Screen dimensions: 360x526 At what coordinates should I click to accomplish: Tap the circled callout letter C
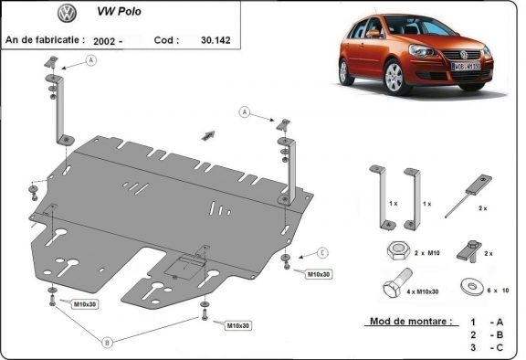coord(322,252)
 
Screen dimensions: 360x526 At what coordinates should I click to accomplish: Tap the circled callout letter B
coord(108,343)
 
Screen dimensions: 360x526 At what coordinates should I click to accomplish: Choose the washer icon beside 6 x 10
coord(473,284)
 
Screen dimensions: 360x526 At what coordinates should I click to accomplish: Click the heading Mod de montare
coord(409,323)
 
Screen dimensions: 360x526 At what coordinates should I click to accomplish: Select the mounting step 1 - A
coord(487,323)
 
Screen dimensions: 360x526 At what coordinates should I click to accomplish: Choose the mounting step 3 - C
coord(487,348)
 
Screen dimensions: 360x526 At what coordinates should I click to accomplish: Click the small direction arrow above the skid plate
coord(209,133)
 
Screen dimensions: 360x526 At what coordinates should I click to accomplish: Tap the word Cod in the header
coord(163,40)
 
